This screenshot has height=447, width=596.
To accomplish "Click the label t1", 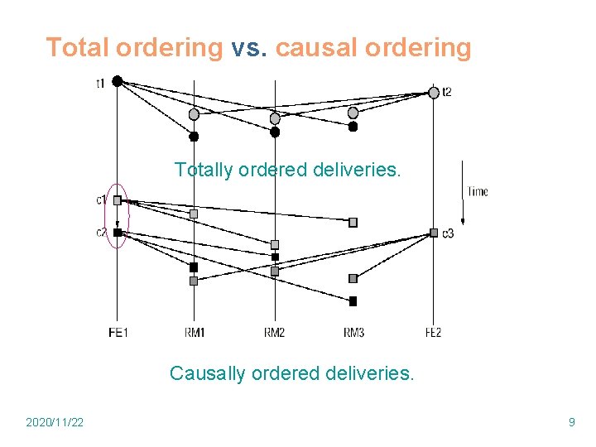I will point(100,83).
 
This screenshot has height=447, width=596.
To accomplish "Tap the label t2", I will point(447,91).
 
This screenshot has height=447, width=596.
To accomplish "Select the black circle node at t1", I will point(118,80).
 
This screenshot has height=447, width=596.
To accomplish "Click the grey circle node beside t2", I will point(434,93).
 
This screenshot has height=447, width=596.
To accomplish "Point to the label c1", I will point(101,199).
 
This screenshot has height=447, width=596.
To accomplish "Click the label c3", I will point(448,233).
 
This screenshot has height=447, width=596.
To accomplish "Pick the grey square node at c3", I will point(434,233).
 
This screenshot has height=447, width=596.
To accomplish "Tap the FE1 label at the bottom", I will point(118,333).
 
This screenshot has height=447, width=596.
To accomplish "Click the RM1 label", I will point(195,333).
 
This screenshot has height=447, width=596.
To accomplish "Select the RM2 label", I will point(275,333).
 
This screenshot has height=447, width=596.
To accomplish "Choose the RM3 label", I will point(353,333).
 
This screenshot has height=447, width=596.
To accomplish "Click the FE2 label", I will point(433,333).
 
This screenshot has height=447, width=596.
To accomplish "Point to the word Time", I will point(478,192).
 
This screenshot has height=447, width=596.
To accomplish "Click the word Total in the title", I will point(77,48).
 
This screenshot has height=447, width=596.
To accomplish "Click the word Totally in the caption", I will point(201,171).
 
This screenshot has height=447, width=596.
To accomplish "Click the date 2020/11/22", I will point(55,423).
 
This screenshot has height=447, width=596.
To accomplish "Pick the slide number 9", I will point(571,423).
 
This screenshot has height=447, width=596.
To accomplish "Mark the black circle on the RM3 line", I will point(353,127).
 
